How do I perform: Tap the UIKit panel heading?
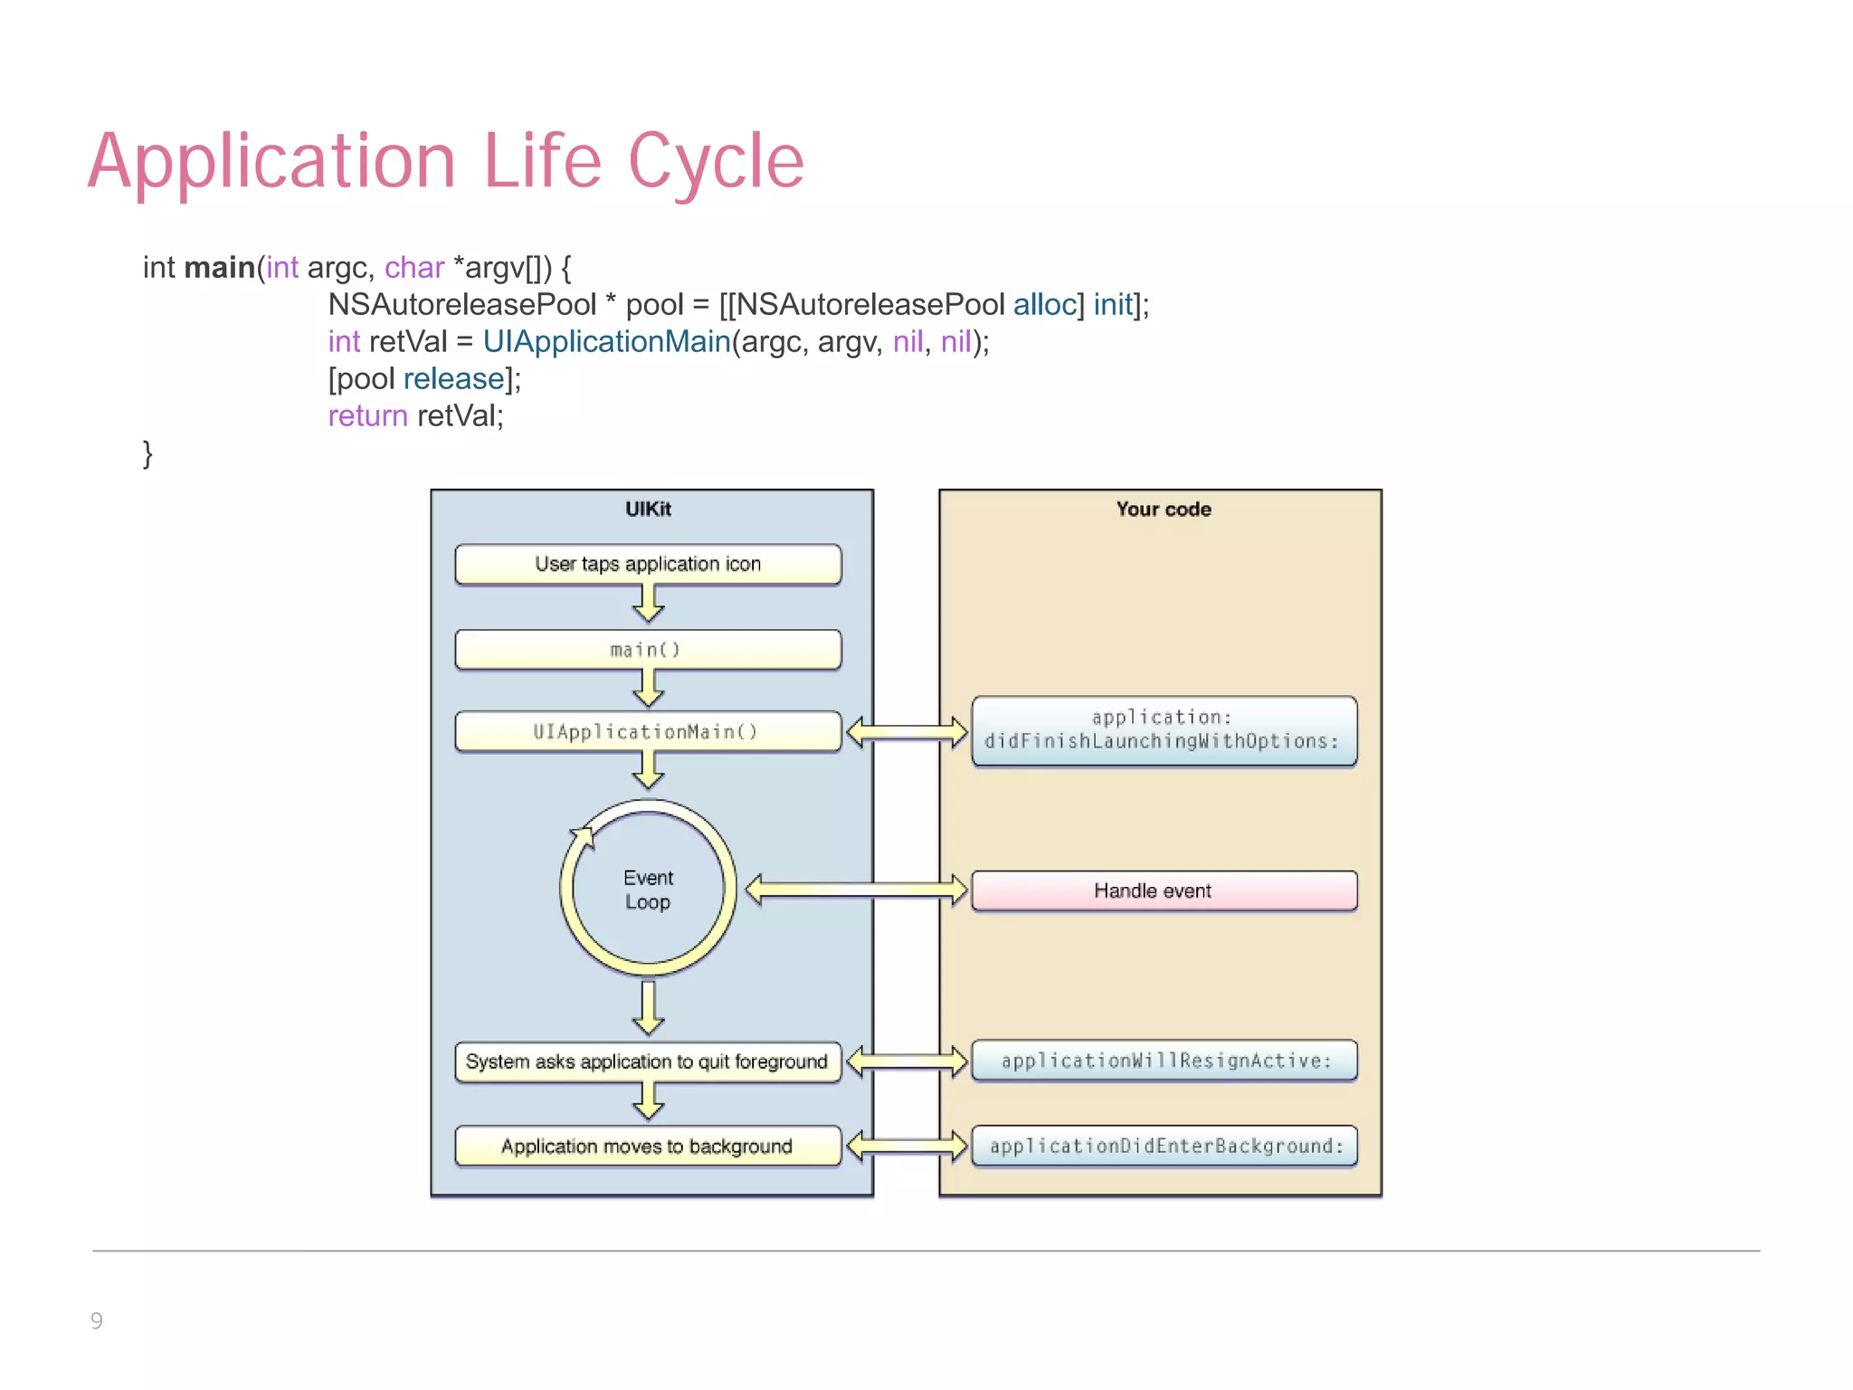click(648, 509)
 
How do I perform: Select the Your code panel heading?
click(1163, 509)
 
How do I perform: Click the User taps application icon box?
click(648, 564)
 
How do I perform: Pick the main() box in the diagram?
click(648, 650)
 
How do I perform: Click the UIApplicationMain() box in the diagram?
click(648, 731)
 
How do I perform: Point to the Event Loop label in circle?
click(648, 890)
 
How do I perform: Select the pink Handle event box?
click(1164, 890)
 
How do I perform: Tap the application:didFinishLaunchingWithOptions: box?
click(1164, 730)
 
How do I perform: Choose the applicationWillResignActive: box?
click(1164, 1061)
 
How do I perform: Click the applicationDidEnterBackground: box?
click(1164, 1146)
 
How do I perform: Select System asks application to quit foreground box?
click(648, 1062)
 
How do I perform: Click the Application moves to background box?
click(648, 1146)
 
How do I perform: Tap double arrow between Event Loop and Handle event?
click(856, 890)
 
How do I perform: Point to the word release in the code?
click(453, 378)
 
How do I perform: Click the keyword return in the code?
click(367, 415)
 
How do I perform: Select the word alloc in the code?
click(1043, 304)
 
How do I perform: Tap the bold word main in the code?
click(219, 268)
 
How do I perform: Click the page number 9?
click(97, 1320)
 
